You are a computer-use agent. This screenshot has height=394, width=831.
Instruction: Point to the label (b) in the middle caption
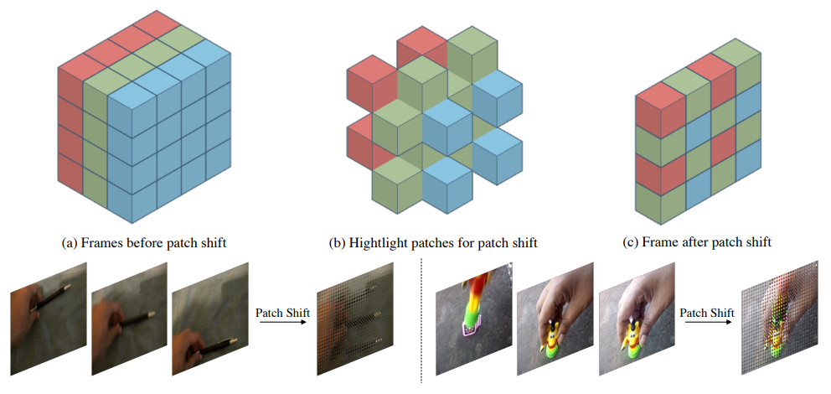click(338, 243)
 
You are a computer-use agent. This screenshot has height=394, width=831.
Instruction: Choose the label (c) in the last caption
click(630, 243)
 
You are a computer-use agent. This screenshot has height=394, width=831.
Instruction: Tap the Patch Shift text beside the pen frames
click(282, 313)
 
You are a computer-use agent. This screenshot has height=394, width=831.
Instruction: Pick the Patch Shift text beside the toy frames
click(707, 313)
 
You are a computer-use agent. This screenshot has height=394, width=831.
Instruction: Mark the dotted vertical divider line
click(421, 321)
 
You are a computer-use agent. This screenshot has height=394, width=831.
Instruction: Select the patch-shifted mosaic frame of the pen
click(355, 319)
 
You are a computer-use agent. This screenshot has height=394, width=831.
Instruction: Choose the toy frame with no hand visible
click(473, 319)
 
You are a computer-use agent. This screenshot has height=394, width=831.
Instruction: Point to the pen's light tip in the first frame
click(67, 288)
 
